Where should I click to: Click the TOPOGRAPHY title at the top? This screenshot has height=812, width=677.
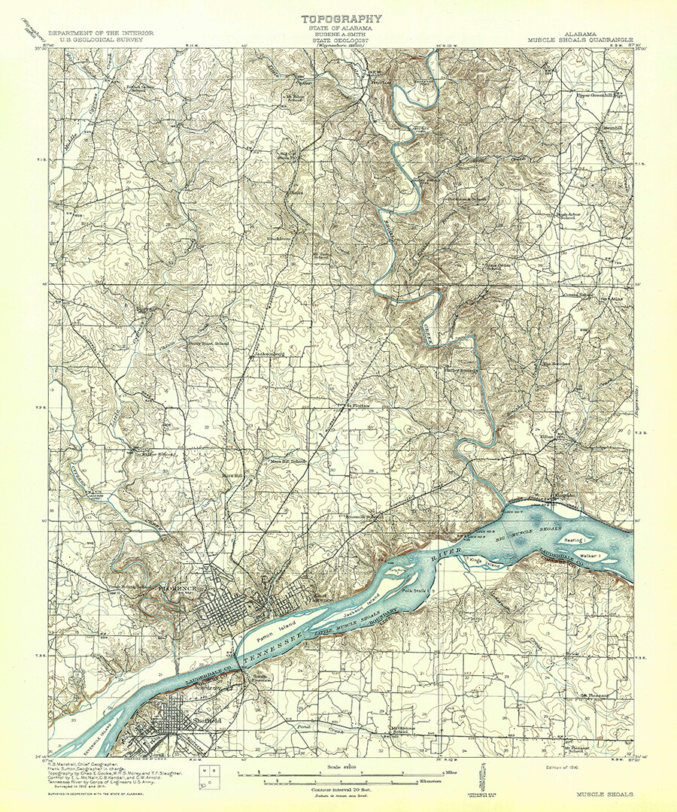click(342, 19)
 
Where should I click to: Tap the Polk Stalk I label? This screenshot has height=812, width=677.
click(415, 592)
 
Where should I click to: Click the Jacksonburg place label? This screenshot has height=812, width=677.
click(268, 352)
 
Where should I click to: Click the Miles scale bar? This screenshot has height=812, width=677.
click(347, 772)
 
